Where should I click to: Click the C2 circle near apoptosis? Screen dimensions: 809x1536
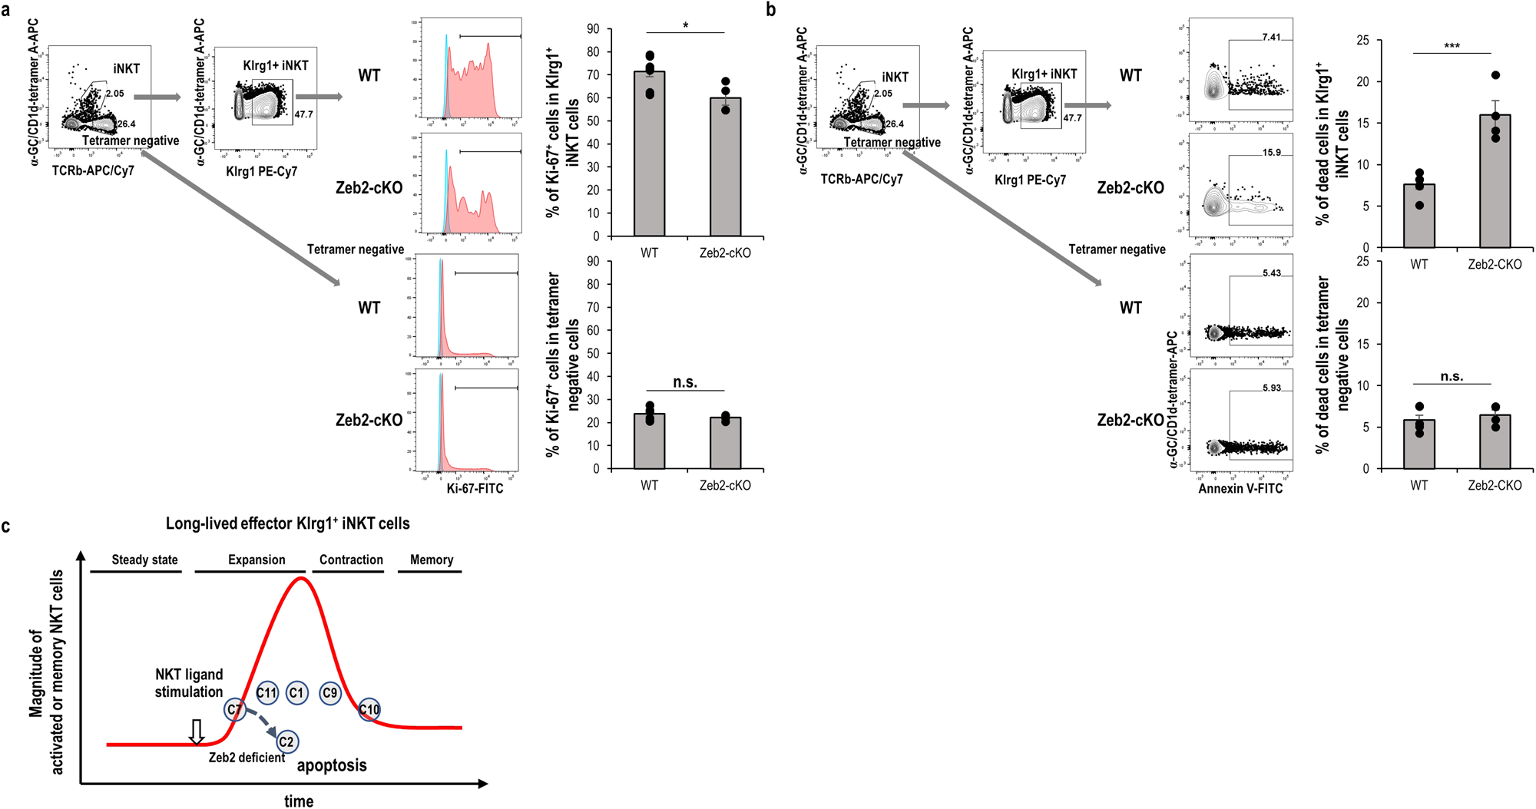pos(286,741)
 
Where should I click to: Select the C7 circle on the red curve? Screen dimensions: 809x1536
pos(235,709)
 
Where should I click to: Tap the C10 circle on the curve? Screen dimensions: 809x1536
pos(369,709)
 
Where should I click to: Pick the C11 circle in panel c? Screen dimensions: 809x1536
pos(266,693)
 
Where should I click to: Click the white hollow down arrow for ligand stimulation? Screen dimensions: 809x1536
pos(197,731)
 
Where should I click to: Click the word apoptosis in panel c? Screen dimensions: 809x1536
pos(332,765)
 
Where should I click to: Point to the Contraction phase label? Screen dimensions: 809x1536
pos(351,560)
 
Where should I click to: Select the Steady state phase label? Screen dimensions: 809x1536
pos(144,560)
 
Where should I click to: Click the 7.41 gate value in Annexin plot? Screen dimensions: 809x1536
pos(1271,37)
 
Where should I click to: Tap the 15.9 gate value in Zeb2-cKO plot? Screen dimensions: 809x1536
pos(1271,152)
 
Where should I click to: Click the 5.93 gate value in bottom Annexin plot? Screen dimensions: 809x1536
pos(1271,388)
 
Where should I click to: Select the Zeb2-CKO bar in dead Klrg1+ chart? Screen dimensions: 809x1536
pos(1495,181)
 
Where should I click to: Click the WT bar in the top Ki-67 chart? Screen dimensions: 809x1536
pos(649,154)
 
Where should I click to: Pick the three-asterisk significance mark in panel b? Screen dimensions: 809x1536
pos(1452,46)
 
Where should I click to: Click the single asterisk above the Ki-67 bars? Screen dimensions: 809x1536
pos(685,25)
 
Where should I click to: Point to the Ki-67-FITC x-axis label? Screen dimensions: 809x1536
pos(475,488)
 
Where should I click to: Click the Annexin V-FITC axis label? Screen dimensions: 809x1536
pos(1240,488)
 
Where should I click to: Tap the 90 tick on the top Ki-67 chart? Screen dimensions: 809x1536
pos(593,29)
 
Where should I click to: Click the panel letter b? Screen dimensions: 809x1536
pos(771,9)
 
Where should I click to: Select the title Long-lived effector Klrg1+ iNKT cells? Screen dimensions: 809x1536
pos(287,523)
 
